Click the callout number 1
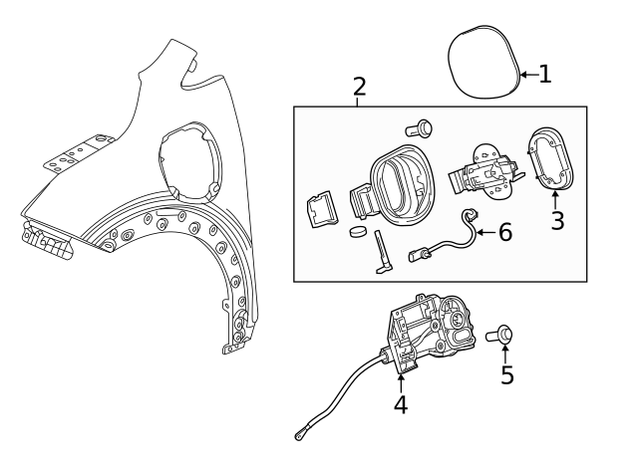coord(544,74)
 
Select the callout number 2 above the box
coord(359,87)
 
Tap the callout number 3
coord(557,221)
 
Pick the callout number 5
coord(507,375)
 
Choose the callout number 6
coord(504,233)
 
